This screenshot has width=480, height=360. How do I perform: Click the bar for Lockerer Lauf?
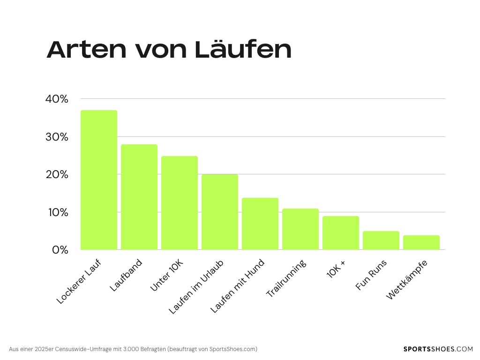pyautogui.click(x=99, y=180)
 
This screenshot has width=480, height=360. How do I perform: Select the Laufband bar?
pyautogui.click(x=139, y=197)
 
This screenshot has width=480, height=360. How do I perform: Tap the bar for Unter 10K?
pyautogui.click(x=180, y=203)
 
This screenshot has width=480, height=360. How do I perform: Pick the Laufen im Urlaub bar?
pyautogui.click(x=220, y=212)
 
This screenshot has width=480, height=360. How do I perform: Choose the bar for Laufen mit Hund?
pyautogui.click(x=260, y=224)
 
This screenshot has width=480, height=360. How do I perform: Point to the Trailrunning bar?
pyautogui.click(x=300, y=229)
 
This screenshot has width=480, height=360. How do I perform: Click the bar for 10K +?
pyautogui.click(x=341, y=233)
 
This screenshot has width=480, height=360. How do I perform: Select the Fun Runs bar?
pyautogui.click(x=381, y=240)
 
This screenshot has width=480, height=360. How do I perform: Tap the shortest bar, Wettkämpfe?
pyautogui.click(x=421, y=242)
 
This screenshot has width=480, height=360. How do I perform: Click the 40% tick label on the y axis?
pyautogui.click(x=57, y=99)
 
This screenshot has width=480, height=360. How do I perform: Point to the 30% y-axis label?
pyautogui.click(x=57, y=137)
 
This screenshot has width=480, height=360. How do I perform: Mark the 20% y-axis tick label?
pyautogui.click(x=57, y=174)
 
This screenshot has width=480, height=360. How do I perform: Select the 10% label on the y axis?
pyautogui.click(x=57, y=212)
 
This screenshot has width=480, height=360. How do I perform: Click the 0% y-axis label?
pyautogui.click(x=60, y=250)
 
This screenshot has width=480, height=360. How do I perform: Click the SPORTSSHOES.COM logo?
pyautogui.click(x=438, y=349)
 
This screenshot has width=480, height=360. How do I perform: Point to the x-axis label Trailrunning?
pyautogui.click(x=286, y=278)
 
